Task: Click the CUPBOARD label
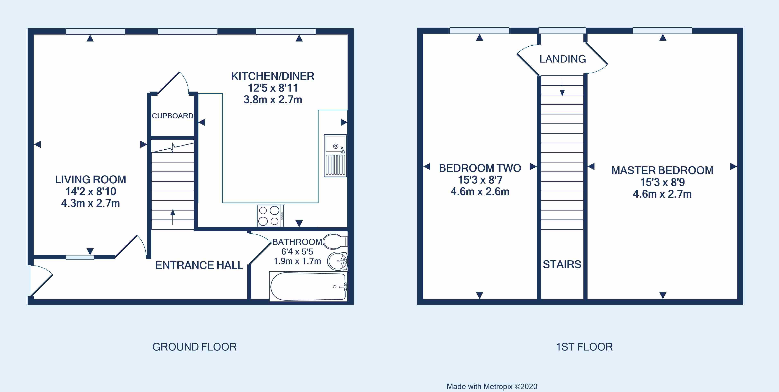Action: coord(172,116)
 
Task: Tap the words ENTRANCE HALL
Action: coord(199,265)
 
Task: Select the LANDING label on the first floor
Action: coord(563,59)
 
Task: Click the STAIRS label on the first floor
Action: coord(562,264)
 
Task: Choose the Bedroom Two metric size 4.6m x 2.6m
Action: coord(480,192)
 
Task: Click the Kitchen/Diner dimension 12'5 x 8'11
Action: coord(273,88)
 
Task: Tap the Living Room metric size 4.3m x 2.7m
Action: coord(90,203)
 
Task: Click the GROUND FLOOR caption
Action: coord(195,347)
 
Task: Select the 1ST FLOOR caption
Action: coord(584,347)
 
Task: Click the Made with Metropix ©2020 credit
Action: coord(492,386)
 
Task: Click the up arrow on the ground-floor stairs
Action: coord(173,217)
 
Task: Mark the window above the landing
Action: coord(562,30)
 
